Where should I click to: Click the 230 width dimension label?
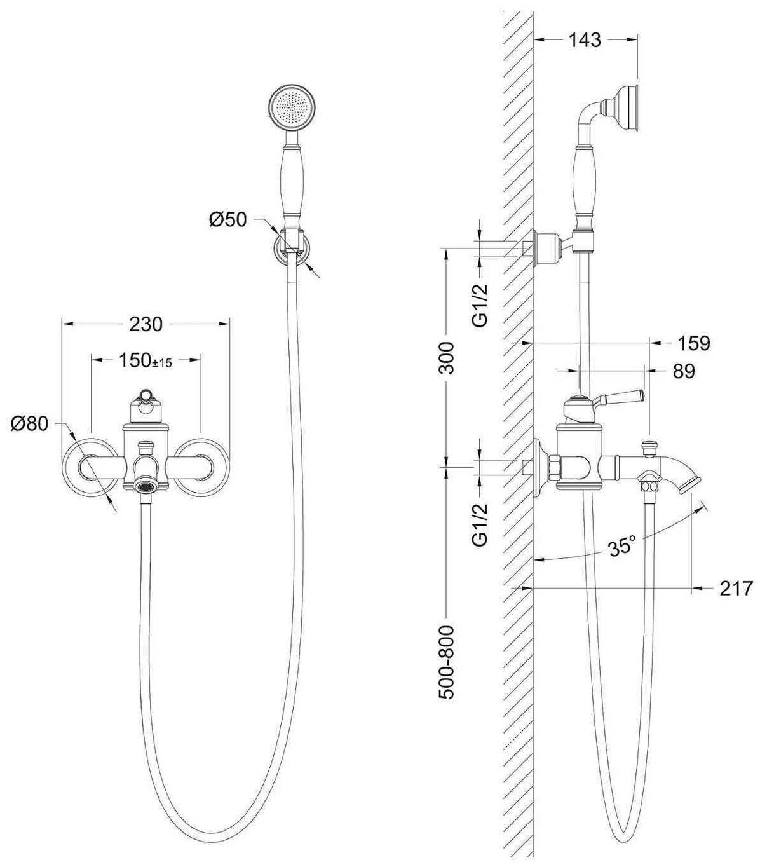[146, 324]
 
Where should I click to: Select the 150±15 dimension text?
[146, 361]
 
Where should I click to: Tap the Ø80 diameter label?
[30, 423]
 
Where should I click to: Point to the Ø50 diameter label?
[227, 220]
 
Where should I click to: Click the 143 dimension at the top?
[585, 39]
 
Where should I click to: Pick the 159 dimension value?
[693, 343]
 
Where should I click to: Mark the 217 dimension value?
[736, 589]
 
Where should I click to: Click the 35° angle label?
[621, 546]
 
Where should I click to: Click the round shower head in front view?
[292, 108]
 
